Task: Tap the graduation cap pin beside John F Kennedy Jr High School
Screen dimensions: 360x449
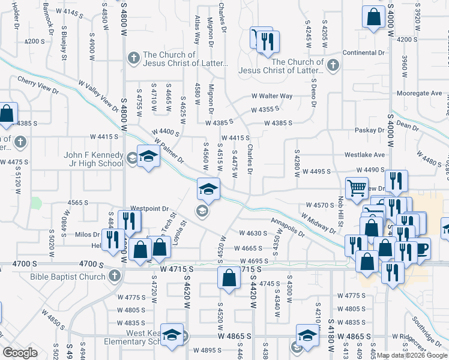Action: [x=148, y=157]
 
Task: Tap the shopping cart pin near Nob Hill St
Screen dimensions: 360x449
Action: [x=357, y=188]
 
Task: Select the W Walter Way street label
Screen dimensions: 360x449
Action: [x=271, y=96]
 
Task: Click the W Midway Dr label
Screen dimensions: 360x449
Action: [x=318, y=223]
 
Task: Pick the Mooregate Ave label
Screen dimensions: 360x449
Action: [x=419, y=94]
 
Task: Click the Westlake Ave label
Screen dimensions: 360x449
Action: [x=364, y=154]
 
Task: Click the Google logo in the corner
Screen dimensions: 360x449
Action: [x=20, y=353]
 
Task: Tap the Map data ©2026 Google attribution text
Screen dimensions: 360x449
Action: [x=411, y=355]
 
